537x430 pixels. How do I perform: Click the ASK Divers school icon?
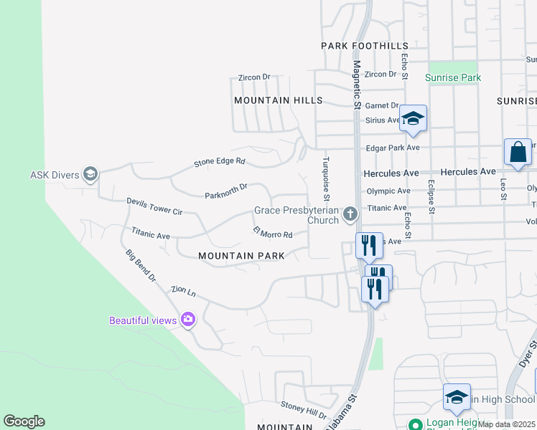pos(90,174)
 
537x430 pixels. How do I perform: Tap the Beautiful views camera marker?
pos(188,320)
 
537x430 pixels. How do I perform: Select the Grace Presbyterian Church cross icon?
pos(350,214)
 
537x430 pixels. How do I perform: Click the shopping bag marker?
pos(518,153)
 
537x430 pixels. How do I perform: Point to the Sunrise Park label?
pos(452,77)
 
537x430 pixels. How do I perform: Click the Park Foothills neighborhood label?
pos(354,46)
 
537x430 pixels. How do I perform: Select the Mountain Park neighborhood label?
pos(242,256)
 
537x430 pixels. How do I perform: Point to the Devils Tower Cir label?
pos(155,207)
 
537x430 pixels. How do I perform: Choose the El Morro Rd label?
pos(272,232)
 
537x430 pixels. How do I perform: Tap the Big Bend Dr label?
pos(140,265)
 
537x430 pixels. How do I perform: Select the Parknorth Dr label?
pos(225,191)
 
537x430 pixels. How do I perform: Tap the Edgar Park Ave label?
pos(393,148)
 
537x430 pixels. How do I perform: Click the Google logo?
pos(24,421)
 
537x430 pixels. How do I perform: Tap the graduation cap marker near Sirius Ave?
pos(413,118)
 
